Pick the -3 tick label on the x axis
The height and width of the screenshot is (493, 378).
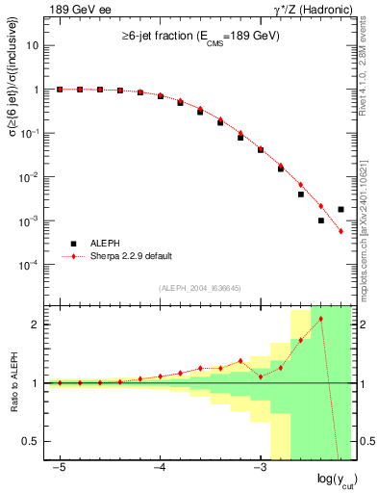[259, 467]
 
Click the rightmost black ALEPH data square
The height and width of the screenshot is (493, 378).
[341, 209]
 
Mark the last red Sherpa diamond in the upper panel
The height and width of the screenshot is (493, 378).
[341, 231]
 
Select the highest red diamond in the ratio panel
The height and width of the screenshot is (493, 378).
[321, 319]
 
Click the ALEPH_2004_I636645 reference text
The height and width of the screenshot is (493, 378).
[199, 288]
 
